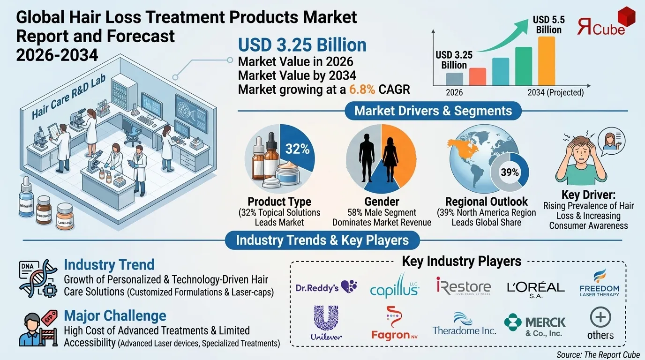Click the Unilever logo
point(326,322)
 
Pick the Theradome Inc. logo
point(464,325)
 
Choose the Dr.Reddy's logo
point(326,287)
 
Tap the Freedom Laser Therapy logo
point(599,285)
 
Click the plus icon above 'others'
point(600,318)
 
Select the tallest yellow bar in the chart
point(547,61)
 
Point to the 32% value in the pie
point(298,150)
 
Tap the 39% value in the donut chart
point(510,172)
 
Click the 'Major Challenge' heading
point(115,315)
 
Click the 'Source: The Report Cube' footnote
point(598,354)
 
